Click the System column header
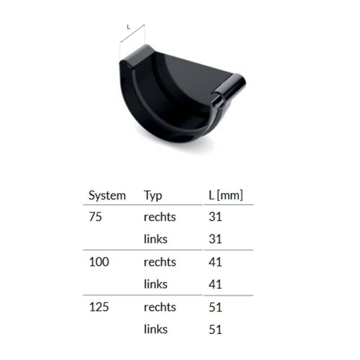(x=107, y=195)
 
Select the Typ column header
(x=153, y=196)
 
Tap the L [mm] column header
(x=225, y=195)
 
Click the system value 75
(x=95, y=217)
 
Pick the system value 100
(x=99, y=262)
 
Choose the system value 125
(x=99, y=307)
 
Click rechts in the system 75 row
(x=159, y=217)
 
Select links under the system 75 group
(x=156, y=239)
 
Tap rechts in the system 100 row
(x=159, y=262)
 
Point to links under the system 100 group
(x=156, y=284)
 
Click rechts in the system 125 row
(x=159, y=307)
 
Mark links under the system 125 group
(x=156, y=329)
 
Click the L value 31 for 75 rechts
(x=215, y=217)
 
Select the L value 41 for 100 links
(x=215, y=284)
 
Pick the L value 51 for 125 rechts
(x=215, y=307)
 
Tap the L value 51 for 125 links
(x=215, y=329)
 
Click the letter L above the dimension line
(x=129, y=27)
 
